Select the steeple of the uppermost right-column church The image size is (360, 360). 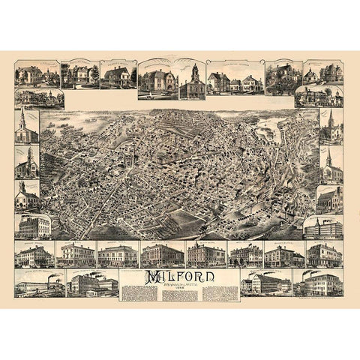(331, 118)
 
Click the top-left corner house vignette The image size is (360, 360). (36, 74)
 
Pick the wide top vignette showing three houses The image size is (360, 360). (235, 78)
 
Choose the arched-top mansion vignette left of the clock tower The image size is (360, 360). (156, 79)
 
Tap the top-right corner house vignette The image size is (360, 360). (322, 73)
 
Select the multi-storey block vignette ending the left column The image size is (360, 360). (34, 225)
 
